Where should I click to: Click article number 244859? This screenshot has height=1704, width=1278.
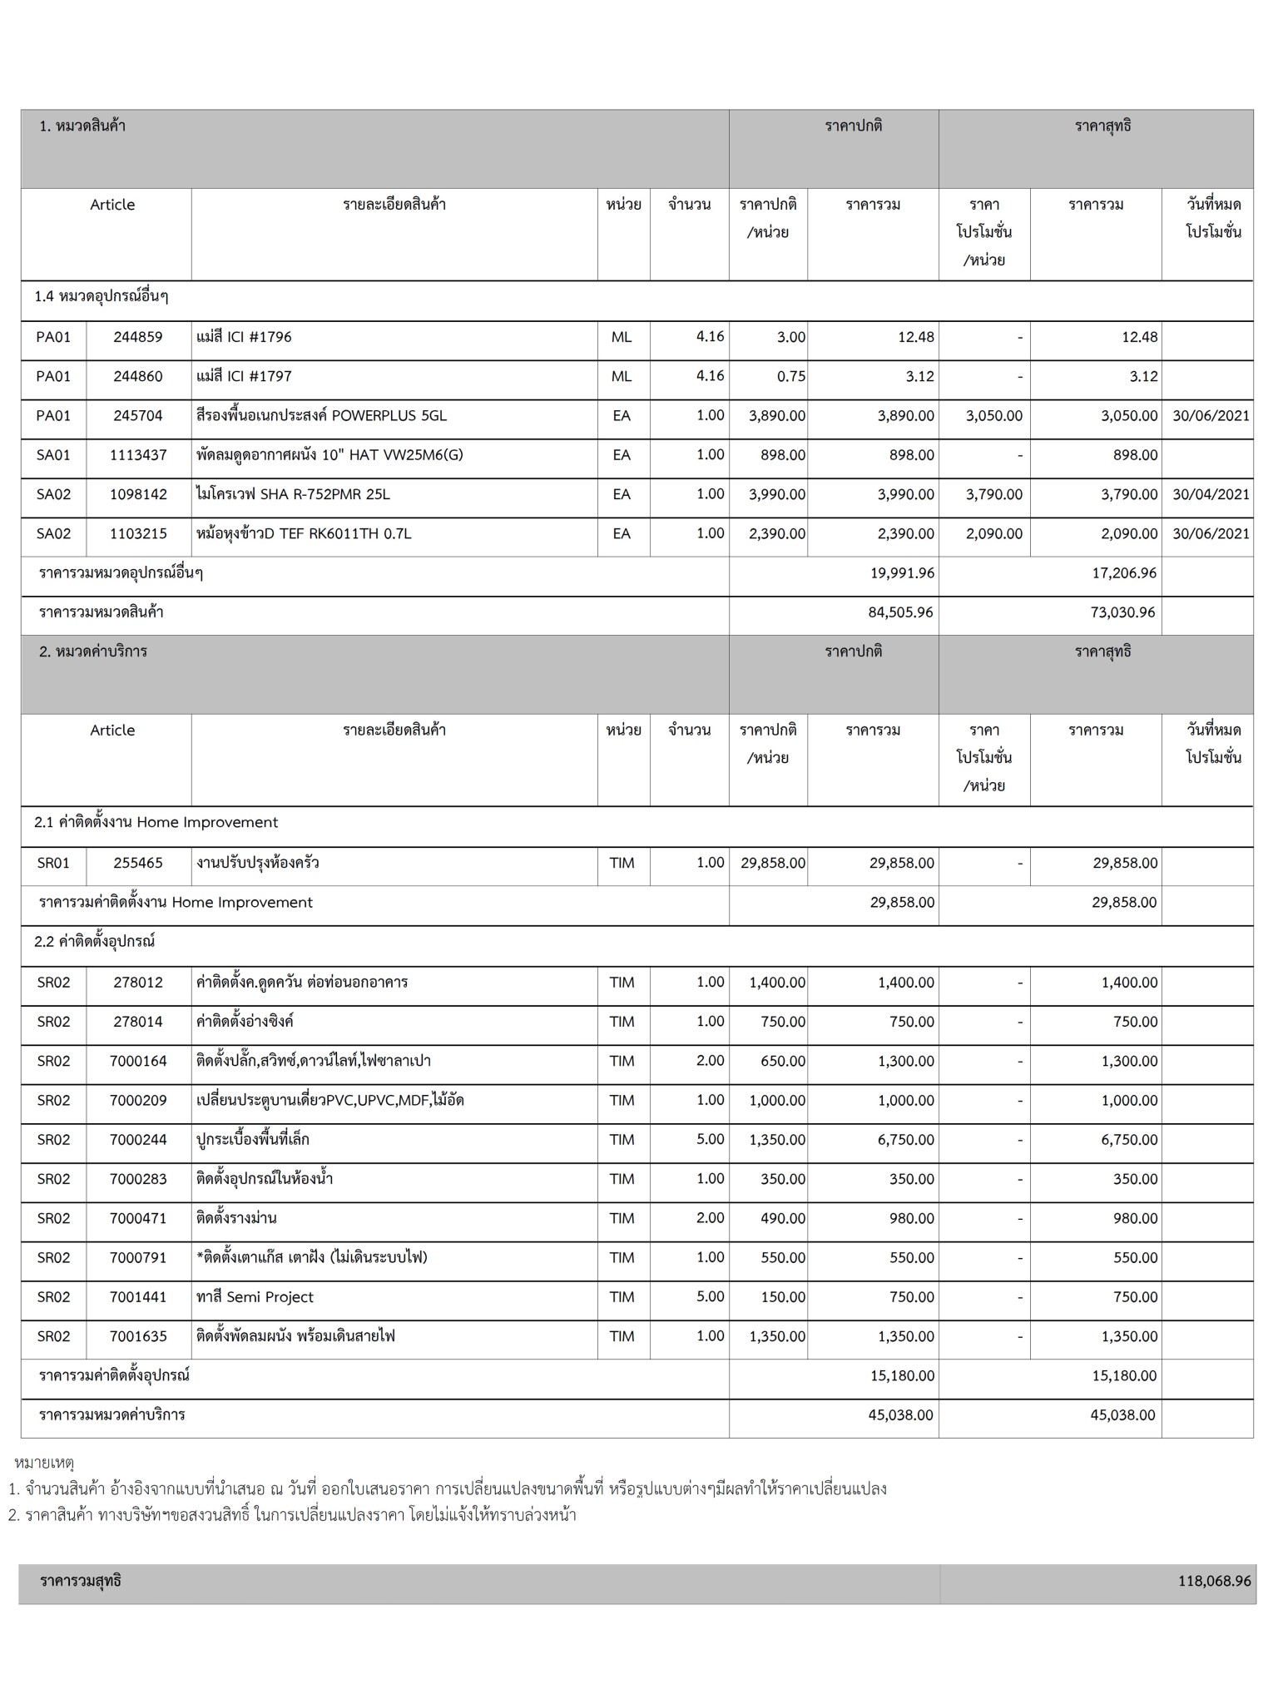pyautogui.click(x=138, y=337)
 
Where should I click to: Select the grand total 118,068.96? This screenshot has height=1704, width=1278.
pyautogui.click(x=1214, y=1581)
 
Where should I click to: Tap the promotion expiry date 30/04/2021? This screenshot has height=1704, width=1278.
pyautogui.click(x=1211, y=494)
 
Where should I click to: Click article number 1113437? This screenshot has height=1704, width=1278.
pyautogui.click(x=138, y=455)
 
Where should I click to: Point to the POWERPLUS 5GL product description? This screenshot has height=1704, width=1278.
pyautogui.click(x=321, y=415)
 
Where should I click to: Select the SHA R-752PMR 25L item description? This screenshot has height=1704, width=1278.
pyautogui.click(x=293, y=494)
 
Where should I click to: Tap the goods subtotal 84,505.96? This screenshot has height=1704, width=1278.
pyautogui.click(x=900, y=612)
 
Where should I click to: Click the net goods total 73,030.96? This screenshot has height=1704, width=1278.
pyautogui.click(x=1122, y=612)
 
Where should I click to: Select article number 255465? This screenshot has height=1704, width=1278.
pyautogui.click(x=138, y=863)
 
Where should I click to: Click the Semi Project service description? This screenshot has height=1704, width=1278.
pyautogui.click(x=255, y=1297)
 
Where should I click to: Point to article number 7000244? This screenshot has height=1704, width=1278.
pyautogui.click(x=138, y=1139)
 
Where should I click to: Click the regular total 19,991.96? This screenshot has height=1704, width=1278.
pyautogui.click(x=901, y=573)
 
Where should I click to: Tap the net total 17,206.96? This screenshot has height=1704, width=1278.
pyautogui.click(x=1123, y=573)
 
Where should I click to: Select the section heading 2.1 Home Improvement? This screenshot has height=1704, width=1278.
pyautogui.click(x=156, y=822)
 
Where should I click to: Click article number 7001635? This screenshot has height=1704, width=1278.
pyautogui.click(x=138, y=1336)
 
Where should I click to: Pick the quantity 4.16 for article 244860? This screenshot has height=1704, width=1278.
pyautogui.click(x=710, y=376)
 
